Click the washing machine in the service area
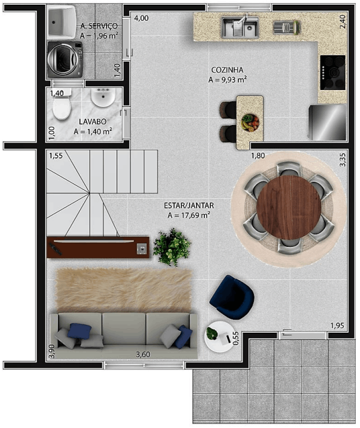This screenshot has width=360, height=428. tap(65, 59)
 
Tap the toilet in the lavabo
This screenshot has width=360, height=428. tap(62, 105)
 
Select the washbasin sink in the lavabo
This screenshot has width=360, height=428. tap(103, 98)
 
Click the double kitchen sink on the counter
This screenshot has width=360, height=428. tap(240, 27)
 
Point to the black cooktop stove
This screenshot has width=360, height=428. tap(333, 72)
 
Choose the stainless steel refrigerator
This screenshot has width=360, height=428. tap(327, 122)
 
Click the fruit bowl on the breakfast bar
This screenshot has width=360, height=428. tap(250, 123)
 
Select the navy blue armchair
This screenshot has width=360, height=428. tap(232, 297)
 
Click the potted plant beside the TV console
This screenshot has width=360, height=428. tap(171, 247)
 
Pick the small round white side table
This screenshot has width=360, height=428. tap(219, 337)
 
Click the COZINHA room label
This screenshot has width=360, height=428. tap(227, 70)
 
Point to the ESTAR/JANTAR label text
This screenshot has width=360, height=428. tap(189, 205)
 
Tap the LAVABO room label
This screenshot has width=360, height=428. tap(92, 121)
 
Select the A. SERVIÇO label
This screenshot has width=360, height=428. tap(99, 26)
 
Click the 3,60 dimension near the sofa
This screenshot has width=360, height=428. tap(143, 355)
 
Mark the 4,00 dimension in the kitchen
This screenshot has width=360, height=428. tap(142, 18)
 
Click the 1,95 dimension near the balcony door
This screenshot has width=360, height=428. tap(337, 326)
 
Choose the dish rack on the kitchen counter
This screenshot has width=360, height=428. tap(287, 27)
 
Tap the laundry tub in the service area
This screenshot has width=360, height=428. tap(62, 22)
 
